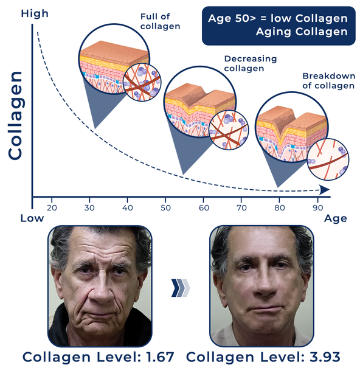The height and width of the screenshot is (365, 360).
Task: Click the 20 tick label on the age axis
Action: click(x=52, y=207)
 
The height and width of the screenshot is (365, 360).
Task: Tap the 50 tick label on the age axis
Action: click(x=165, y=207)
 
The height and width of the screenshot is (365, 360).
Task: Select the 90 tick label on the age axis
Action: click(x=318, y=207)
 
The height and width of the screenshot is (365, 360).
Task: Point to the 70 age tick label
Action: click(x=241, y=207)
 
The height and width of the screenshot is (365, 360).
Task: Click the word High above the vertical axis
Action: click(x=35, y=13)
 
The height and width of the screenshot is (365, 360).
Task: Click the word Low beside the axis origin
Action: click(x=32, y=218)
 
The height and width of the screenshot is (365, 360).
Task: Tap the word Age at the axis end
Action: click(x=335, y=219)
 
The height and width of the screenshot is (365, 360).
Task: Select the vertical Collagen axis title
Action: click(x=16, y=116)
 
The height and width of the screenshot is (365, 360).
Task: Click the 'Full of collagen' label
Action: click(x=160, y=21)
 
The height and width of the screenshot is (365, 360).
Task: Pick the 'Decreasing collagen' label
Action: click(x=251, y=64)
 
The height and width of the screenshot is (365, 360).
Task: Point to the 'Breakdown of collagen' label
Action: click(x=328, y=81)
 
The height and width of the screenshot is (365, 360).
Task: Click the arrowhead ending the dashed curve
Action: click(x=324, y=190)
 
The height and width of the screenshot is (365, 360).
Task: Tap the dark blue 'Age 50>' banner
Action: click(x=279, y=26)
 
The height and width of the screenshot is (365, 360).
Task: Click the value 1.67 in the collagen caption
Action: click(x=160, y=357)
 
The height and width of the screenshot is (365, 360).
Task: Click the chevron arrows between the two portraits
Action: click(x=181, y=288)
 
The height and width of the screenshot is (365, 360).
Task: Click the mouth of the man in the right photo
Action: click(x=265, y=310)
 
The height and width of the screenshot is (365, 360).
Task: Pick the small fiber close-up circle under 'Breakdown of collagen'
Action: click(x=328, y=159)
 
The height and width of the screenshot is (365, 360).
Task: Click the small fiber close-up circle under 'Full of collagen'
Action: click(x=142, y=82)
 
